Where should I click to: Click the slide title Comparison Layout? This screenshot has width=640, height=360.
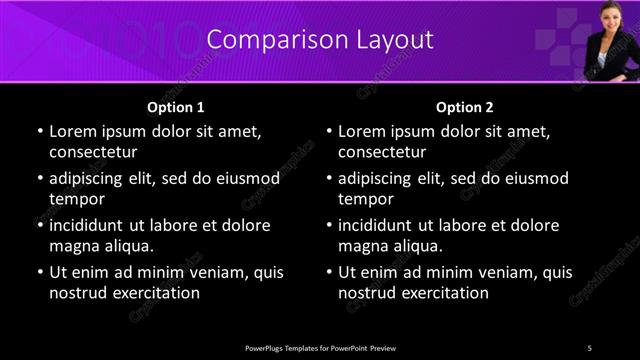(x=320, y=40)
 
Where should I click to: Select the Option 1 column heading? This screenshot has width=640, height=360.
(x=176, y=107)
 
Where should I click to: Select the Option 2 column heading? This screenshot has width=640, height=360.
(x=465, y=107)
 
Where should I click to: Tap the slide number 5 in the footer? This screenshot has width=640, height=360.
(x=589, y=347)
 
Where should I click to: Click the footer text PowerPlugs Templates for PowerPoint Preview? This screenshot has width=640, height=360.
(x=320, y=347)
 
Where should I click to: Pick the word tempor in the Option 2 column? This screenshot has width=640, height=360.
(x=365, y=199)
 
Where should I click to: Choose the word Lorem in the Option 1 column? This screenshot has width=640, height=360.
(x=71, y=131)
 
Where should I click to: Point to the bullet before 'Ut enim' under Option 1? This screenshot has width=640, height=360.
(x=38, y=272)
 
